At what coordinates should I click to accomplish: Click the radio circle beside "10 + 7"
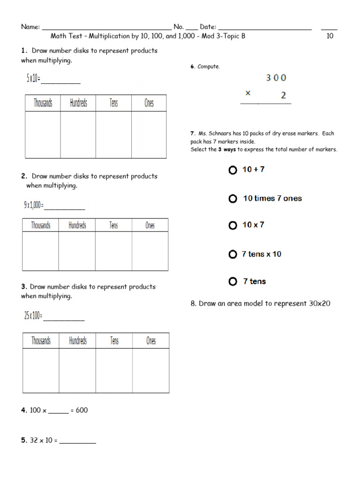tap(232, 170)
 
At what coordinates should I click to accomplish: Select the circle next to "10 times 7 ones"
tap(232, 199)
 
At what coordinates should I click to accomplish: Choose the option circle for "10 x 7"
tap(232, 225)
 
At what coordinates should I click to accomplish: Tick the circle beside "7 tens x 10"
tap(232, 255)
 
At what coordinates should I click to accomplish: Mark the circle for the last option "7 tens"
tap(232, 282)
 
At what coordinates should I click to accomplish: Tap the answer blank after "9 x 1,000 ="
tap(64, 207)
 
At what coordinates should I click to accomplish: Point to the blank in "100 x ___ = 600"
tap(59, 412)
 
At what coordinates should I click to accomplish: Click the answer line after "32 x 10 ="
tap(77, 442)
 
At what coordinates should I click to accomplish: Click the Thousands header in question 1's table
tap(43, 103)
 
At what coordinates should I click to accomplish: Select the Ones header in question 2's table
tap(150, 225)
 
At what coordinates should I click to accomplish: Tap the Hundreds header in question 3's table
tap(78, 341)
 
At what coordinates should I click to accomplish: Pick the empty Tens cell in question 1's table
tap(113, 135)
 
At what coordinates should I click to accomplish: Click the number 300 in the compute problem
tap(276, 78)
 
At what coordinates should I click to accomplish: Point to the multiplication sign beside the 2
tap(247, 93)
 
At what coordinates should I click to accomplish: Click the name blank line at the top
tap(106, 28)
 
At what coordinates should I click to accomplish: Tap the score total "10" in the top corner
tap(330, 36)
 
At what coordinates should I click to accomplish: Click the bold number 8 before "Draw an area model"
tap(193, 304)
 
